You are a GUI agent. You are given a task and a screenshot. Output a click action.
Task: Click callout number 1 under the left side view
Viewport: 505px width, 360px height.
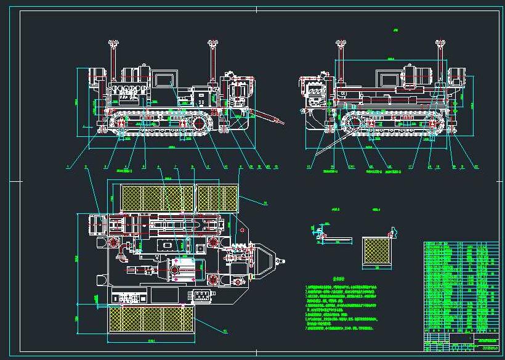click(x=67, y=167)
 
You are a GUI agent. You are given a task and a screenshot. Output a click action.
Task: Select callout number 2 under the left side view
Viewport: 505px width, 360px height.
click(x=86, y=167)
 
